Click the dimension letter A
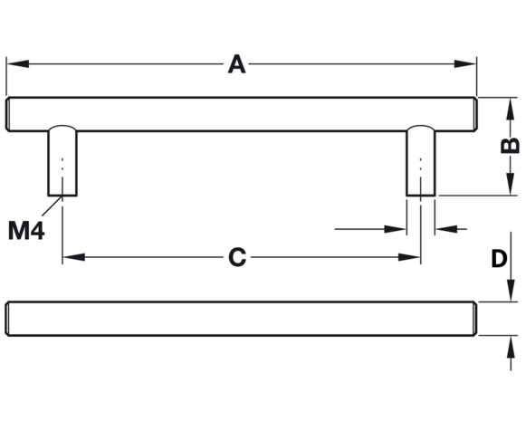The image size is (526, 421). (x=237, y=64)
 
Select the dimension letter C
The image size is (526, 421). (x=237, y=257)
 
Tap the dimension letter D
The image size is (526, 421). (x=499, y=259)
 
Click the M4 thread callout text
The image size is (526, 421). (x=26, y=231)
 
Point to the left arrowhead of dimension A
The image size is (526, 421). (x=18, y=63)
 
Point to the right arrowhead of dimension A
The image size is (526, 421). (x=465, y=63)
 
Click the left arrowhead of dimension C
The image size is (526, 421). (x=74, y=257)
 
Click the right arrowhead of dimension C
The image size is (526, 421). (x=409, y=257)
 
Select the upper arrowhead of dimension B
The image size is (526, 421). (x=511, y=109)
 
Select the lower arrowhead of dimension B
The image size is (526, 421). (x=511, y=184)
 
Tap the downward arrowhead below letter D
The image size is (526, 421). (x=511, y=290)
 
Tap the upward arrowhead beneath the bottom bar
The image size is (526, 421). (x=511, y=347)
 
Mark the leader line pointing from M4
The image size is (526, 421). (x=52, y=206)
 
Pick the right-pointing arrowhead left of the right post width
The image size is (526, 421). (x=395, y=229)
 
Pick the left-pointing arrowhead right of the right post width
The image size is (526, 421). (x=446, y=229)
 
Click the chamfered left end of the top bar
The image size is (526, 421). (x=7, y=114)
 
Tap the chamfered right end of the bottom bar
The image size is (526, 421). (x=474, y=319)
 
